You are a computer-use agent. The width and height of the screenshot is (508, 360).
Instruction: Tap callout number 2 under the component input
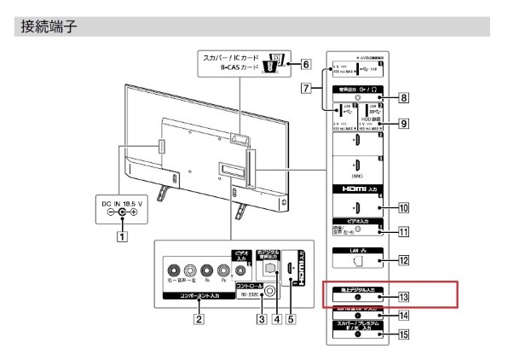click(x=198, y=321)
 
